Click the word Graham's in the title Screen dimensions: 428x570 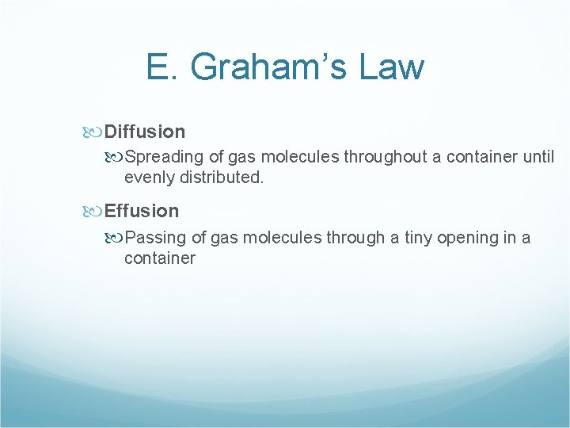click(265, 67)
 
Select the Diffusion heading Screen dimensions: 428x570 click(145, 132)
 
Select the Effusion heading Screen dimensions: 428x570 click(142, 211)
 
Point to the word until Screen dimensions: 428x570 click(538, 157)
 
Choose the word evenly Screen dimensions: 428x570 click(150, 178)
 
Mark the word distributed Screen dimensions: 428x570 click(222, 178)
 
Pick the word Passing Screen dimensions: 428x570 click(155, 237)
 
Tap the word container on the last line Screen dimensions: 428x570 click(159, 258)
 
